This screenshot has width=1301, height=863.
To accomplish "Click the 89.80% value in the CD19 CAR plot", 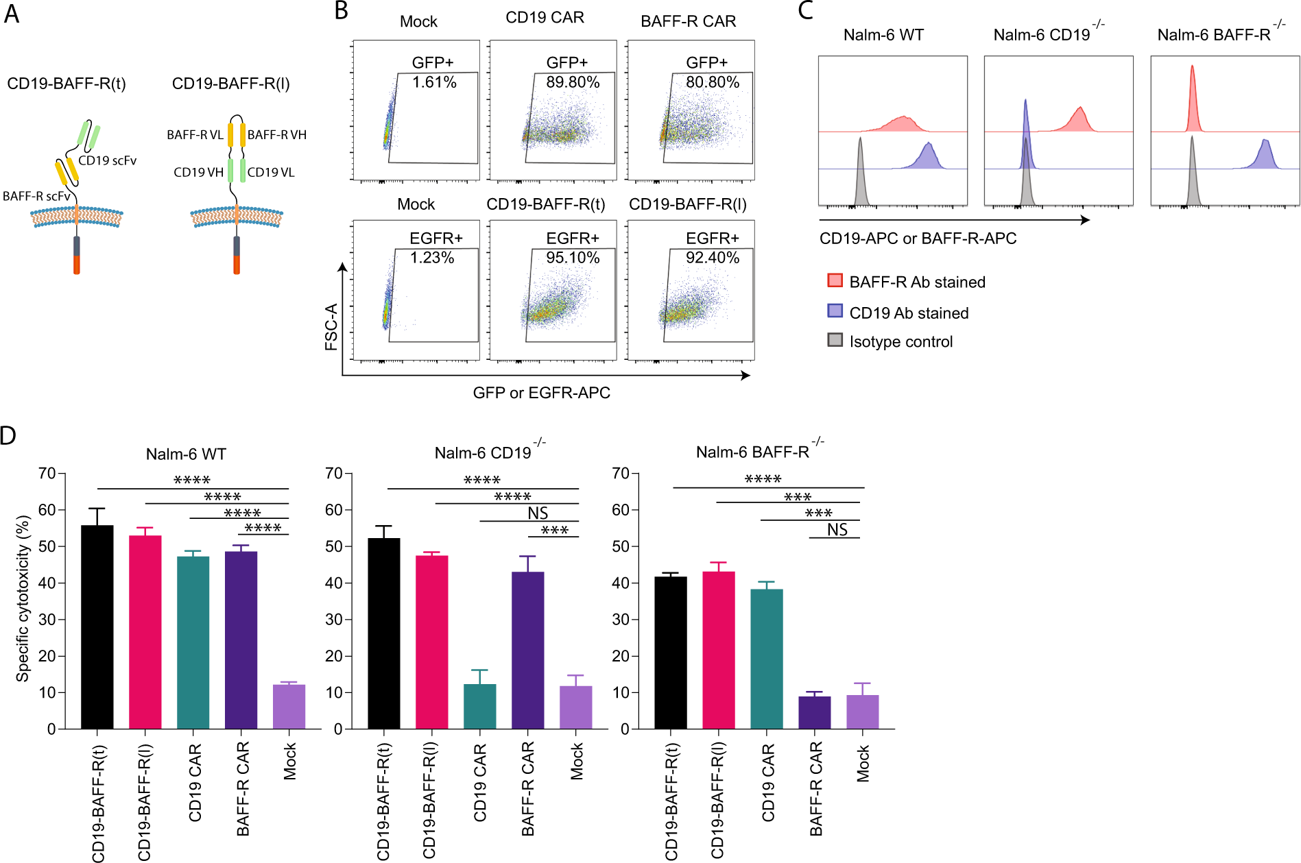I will click(x=573, y=82).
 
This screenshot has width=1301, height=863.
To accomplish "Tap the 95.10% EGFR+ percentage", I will click(x=573, y=258).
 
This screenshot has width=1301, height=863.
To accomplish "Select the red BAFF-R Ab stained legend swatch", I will click(x=835, y=280).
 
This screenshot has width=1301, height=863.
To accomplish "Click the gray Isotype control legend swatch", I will click(x=835, y=340).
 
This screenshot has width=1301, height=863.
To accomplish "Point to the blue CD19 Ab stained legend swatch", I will click(x=835, y=311).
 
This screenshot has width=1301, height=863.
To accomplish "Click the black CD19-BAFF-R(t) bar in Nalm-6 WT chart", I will click(x=97, y=627).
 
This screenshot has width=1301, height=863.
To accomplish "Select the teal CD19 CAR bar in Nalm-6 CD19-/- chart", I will click(x=479, y=706).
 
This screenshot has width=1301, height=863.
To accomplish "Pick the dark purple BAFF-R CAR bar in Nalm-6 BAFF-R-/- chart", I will click(x=815, y=712).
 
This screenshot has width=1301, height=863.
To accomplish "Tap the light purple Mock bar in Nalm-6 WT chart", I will click(x=289, y=706).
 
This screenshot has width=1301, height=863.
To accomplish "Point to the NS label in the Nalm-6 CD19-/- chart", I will click(x=538, y=513).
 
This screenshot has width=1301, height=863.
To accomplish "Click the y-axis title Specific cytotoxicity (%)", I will click(x=23, y=598).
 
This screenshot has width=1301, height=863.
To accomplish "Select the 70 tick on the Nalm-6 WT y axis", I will click(x=47, y=474).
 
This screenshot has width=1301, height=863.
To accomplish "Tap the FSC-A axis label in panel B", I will click(x=331, y=326).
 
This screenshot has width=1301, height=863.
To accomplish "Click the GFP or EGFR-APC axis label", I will click(x=541, y=393).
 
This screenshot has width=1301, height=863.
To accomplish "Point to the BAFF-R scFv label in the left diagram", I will click(x=36, y=196).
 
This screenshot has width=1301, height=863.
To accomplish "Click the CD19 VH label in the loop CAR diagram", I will click(x=198, y=172).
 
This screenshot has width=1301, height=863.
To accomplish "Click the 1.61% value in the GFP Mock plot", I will click(x=434, y=82).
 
